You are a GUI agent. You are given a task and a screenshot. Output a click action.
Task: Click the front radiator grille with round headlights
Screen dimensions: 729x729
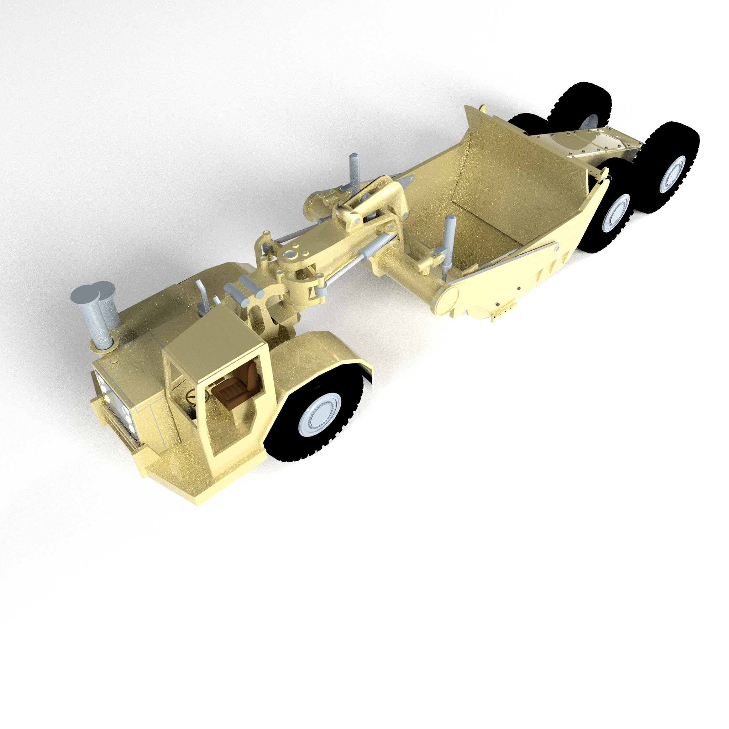coord(115,404)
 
